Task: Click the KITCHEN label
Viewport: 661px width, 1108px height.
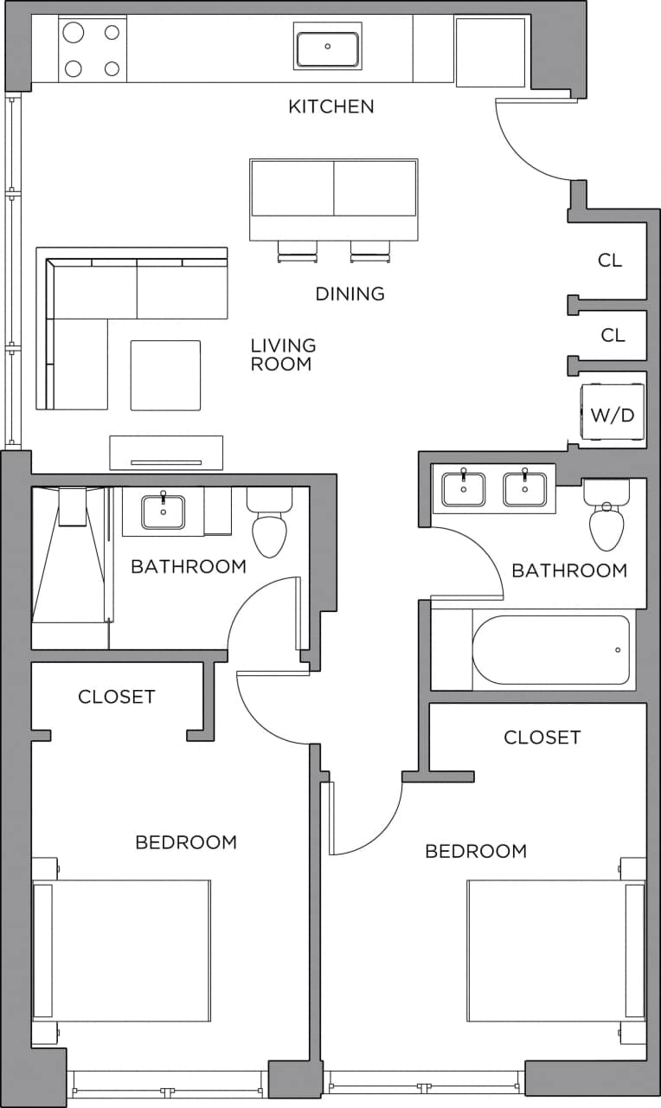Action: [x=330, y=106]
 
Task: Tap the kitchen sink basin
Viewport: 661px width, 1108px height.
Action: [x=327, y=48]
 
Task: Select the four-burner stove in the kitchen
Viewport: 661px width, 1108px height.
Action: [x=90, y=50]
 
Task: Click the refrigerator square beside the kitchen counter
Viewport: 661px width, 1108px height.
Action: [x=490, y=52]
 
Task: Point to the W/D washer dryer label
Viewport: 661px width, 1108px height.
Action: [x=612, y=415]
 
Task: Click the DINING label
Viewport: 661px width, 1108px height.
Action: [x=350, y=294]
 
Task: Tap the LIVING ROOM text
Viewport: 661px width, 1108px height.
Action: [x=283, y=355]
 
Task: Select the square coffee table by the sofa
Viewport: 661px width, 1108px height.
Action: [x=165, y=375]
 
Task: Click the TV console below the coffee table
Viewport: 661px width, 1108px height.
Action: [x=166, y=453]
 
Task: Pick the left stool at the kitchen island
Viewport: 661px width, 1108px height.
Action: [x=297, y=251]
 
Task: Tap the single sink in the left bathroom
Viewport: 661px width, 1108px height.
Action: [x=163, y=511]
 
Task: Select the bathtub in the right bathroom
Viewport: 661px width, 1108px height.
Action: [x=552, y=650]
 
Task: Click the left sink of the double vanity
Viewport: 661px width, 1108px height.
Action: [x=463, y=488]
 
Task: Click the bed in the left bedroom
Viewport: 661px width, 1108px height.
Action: [x=121, y=950]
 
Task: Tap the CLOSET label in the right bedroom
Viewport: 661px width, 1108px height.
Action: [x=542, y=738]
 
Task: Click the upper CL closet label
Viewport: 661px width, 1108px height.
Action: [x=610, y=261]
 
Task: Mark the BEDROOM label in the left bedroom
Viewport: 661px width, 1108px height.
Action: [x=186, y=842]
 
